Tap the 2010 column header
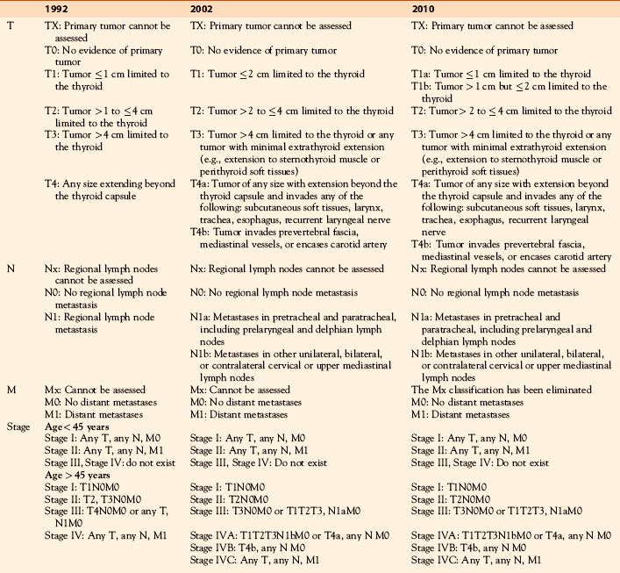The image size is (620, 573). tap(425, 9)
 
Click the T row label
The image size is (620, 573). tap(10, 27)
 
